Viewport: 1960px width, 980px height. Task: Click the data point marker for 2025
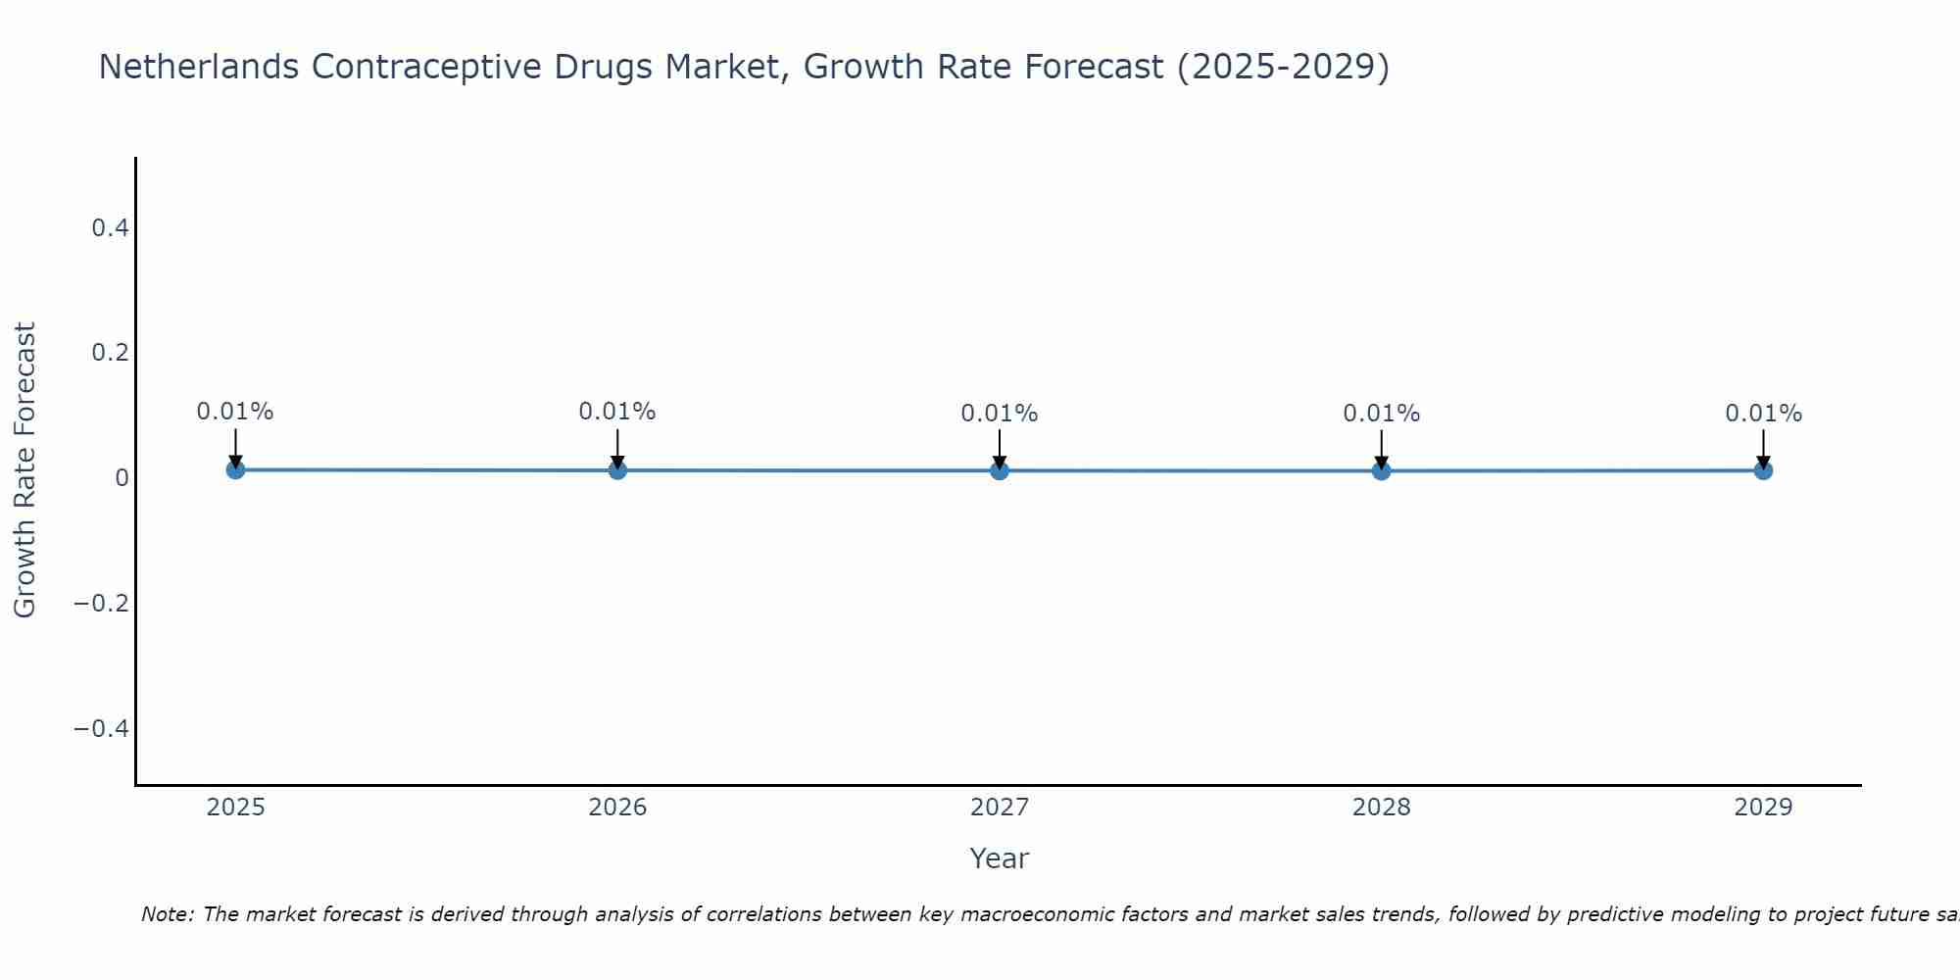coord(235,469)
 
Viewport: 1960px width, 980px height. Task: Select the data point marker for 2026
coord(617,470)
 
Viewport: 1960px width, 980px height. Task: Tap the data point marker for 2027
coord(1000,470)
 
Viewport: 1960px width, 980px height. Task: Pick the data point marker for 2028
coord(1382,470)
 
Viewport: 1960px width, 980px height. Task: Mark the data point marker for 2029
coord(1763,470)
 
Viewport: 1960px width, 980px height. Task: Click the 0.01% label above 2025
coord(235,412)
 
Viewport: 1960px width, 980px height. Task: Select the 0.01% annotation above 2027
coord(1000,414)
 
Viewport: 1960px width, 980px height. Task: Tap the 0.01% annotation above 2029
coord(1763,414)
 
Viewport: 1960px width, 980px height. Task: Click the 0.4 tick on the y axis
coord(110,227)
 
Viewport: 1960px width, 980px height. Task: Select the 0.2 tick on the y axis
coord(110,352)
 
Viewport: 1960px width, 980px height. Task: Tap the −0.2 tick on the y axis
coord(102,603)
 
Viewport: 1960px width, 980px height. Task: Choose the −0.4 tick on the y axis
coord(102,728)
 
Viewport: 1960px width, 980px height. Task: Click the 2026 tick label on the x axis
coord(617,808)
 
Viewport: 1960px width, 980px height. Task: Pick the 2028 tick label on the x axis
coord(1382,808)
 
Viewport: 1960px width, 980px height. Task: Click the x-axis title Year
coord(999,858)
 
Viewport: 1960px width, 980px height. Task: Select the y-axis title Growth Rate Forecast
coord(24,469)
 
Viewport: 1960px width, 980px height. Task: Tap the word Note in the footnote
coord(167,914)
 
